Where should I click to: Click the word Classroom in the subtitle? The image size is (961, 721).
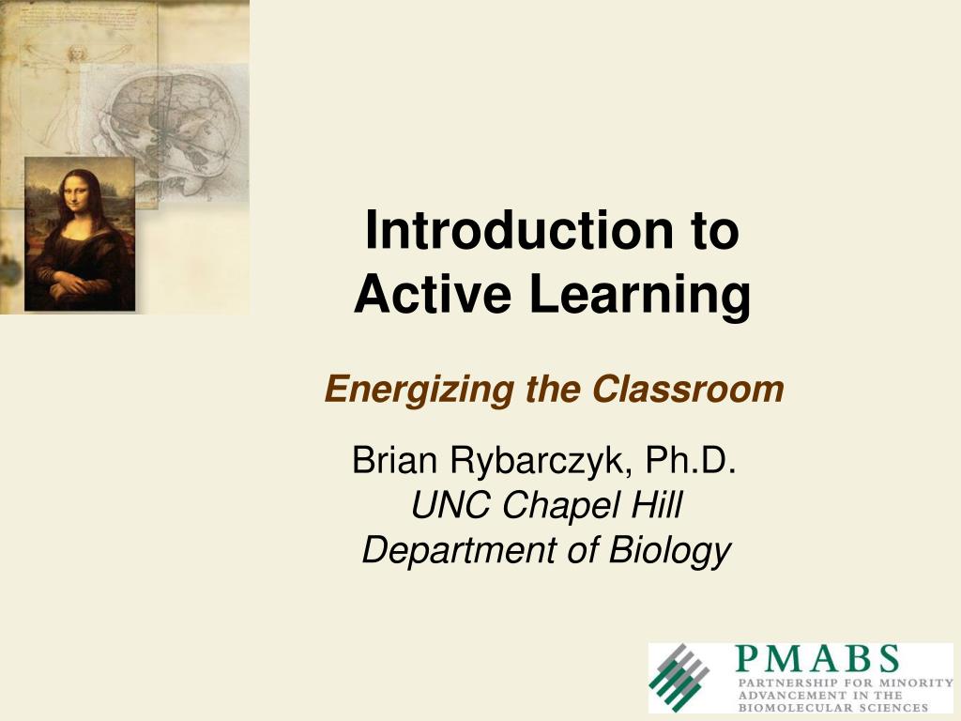point(687,388)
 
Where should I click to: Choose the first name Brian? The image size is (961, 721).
point(394,461)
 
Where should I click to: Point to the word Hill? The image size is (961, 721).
point(653,506)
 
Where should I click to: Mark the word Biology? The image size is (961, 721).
point(669,551)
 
